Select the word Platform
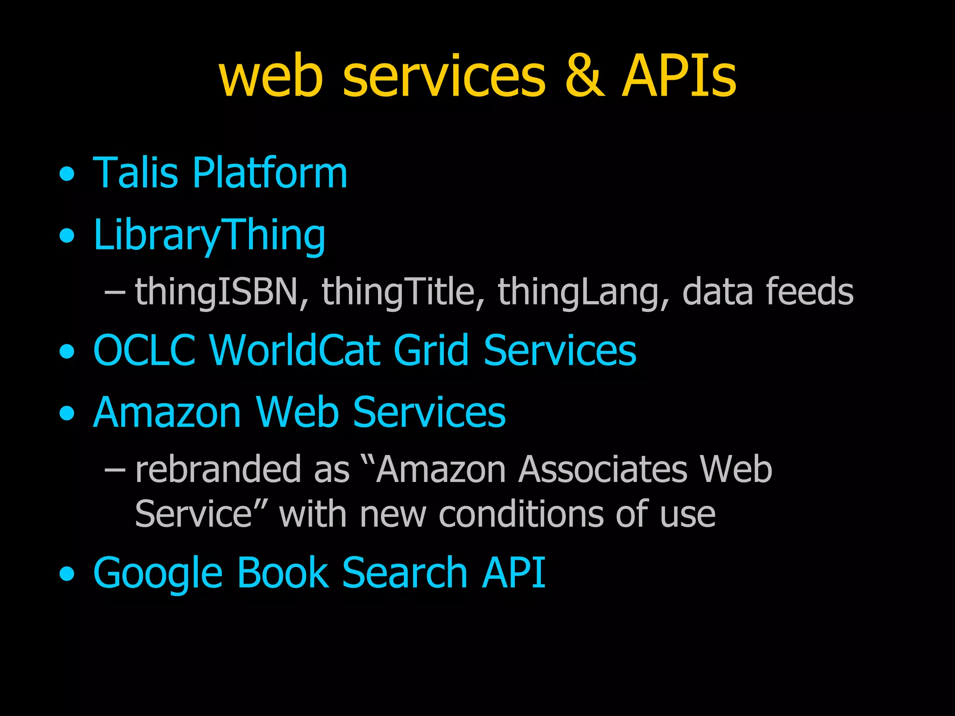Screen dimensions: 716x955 pyautogui.click(x=270, y=173)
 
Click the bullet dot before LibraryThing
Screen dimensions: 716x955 pyautogui.click(x=67, y=235)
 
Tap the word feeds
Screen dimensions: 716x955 pyautogui.click(x=810, y=291)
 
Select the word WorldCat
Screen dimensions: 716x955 pyautogui.click(x=294, y=350)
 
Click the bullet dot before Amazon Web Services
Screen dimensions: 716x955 pyautogui.click(x=67, y=413)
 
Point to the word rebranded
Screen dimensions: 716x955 pyautogui.click(x=218, y=470)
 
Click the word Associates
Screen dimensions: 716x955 pyautogui.click(x=603, y=470)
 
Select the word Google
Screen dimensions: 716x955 pyautogui.click(x=158, y=573)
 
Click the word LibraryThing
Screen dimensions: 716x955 pyautogui.click(x=209, y=235)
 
